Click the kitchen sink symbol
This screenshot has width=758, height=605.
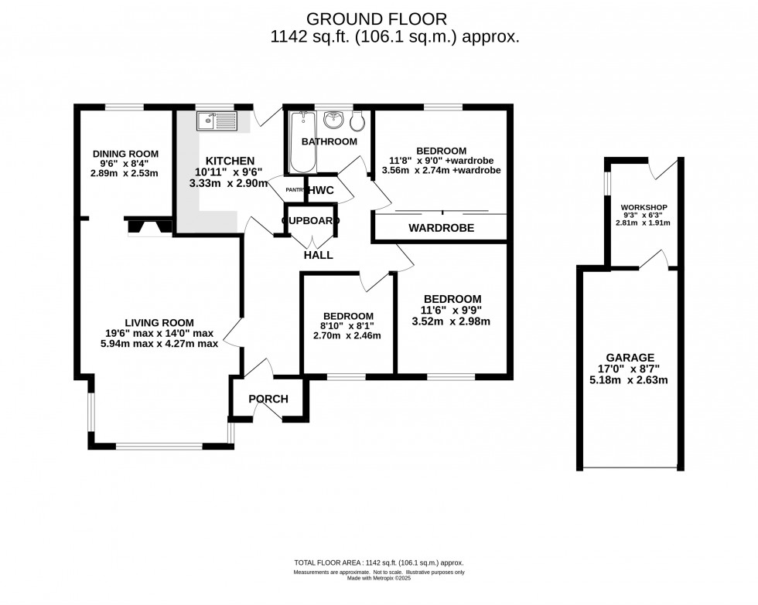pos(216,121)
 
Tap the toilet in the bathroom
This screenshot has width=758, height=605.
pos(359,121)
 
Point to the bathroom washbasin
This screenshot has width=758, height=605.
pos(334,120)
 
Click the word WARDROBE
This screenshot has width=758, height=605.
pos(441,228)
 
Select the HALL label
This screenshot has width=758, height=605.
pos(318,254)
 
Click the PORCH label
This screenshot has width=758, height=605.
pos(268,399)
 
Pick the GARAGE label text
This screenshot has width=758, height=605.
pos(630,357)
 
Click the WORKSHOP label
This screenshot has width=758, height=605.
pos(644,207)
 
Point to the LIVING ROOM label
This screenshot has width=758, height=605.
pos(159,322)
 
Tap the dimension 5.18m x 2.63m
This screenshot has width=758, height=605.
pos(630,379)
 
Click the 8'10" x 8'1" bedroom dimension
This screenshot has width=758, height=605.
pos(348,326)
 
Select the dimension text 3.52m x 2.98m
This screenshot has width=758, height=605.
pos(452,321)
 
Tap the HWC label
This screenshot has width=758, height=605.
pos(319,190)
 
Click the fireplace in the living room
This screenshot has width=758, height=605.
pos(146,226)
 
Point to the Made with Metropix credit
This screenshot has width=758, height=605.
pos(378,578)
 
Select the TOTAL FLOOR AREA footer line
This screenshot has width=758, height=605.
pos(378,563)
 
